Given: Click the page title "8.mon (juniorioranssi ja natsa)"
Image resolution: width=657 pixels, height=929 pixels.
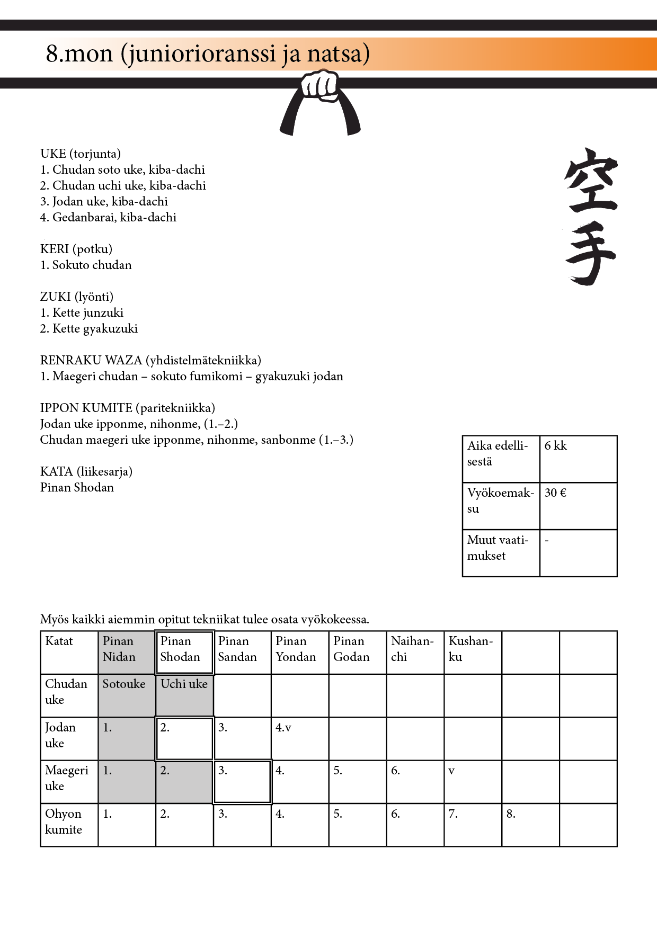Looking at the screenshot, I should coord(208,54).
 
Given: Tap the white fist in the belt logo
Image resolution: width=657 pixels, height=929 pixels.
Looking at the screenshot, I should coord(320,85).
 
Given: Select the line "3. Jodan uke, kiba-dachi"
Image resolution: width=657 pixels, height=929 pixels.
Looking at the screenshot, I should coord(104,201).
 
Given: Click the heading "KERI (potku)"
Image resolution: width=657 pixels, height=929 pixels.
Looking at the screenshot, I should coord(76,249).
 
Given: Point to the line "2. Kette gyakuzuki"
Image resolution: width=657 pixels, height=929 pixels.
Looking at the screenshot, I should coord(89,328).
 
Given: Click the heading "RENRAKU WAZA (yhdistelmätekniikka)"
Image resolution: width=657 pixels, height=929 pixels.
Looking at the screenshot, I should coord(150,360).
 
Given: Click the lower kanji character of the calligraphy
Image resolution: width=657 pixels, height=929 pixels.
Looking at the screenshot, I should coord(590,253).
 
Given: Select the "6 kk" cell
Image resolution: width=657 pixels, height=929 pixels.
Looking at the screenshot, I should coord(578,459).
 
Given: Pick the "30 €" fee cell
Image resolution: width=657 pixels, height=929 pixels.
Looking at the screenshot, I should coord(578,506).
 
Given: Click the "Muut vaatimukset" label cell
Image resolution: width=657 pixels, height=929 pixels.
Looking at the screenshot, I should coord(501,552).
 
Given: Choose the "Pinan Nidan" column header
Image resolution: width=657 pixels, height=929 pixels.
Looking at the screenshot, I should coord(127,652).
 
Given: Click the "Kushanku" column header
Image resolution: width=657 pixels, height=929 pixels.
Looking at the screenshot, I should coord(473,652).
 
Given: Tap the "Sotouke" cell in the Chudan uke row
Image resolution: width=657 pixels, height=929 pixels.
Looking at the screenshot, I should coord(127,695).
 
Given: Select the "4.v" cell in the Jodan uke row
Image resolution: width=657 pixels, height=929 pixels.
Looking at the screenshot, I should coord(299,738).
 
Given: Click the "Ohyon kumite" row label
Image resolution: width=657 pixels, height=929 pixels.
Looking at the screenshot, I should coord(69,825).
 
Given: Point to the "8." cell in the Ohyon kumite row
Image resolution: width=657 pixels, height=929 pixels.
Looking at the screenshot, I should coord(530,825).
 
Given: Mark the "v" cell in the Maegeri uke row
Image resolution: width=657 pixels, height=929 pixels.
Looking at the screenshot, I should coord(473,781).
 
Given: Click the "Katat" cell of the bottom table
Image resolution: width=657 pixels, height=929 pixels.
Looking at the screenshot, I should coord(69,652).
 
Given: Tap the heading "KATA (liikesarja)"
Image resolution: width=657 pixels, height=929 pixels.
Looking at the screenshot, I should coord(86,471).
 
